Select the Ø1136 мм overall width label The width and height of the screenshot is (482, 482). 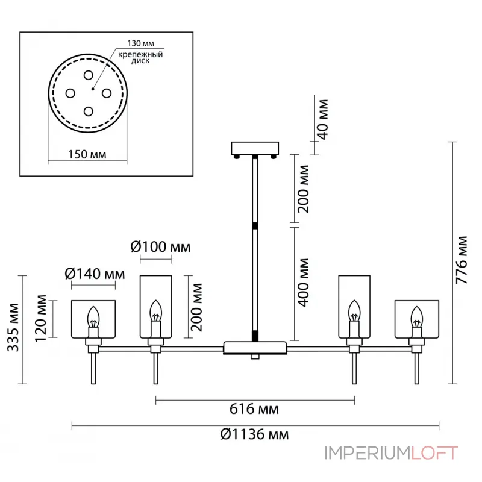254,435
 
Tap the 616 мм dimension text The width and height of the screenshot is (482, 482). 255,410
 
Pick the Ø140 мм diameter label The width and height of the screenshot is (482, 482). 94,274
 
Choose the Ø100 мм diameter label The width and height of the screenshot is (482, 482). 160,248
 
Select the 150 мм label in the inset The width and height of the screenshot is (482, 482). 87,154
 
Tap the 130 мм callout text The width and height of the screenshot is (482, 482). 141,44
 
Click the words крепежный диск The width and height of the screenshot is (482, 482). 142,58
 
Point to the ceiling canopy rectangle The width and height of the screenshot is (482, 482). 256,148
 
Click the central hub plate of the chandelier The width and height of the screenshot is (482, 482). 255,348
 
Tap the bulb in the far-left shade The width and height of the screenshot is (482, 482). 93,316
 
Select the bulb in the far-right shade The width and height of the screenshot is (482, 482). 416,316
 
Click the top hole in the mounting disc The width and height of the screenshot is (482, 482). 89,75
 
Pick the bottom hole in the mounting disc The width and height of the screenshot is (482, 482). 89,111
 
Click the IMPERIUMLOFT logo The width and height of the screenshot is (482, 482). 392,452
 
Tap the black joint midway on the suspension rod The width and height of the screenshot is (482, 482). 256,225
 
